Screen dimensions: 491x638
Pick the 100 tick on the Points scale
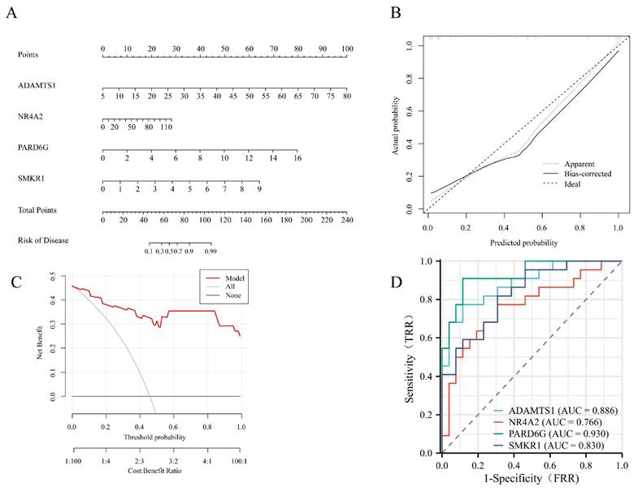tap(347, 49)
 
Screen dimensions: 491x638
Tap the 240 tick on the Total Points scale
tap(346, 221)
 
